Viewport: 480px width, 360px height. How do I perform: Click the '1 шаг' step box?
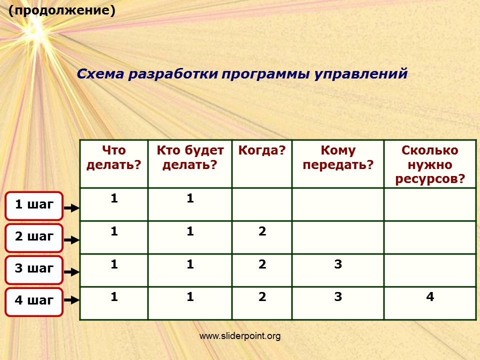[34, 205]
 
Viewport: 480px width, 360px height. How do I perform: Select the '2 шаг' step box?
[34, 238]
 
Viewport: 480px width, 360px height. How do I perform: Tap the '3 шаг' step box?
[34, 270]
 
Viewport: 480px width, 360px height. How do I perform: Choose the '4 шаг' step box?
[34, 302]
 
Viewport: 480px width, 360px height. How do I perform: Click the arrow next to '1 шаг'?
[71, 208]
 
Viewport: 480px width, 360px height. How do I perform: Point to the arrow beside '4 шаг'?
[71, 299]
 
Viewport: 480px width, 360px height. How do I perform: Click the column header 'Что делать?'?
[114, 157]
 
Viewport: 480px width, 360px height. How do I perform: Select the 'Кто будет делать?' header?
[190, 157]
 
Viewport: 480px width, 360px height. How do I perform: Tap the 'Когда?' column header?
[262, 150]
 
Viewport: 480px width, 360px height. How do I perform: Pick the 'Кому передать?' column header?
[338, 157]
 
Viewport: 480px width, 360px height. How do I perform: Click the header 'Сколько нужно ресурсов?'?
[430, 164]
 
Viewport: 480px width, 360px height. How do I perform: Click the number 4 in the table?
[430, 296]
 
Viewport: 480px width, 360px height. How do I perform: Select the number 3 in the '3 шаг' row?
[338, 264]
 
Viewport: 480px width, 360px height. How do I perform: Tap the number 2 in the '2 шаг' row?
[262, 231]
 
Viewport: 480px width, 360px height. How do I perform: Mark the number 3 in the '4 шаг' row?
[338, 296]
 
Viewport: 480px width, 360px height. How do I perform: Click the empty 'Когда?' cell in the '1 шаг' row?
[262, 204]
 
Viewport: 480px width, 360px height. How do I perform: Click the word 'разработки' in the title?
[173, 74]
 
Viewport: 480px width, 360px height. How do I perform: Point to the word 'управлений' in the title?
[361, 74]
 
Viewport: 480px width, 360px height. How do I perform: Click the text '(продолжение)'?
[62, 10]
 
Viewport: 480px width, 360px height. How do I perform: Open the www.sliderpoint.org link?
[240, 336]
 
